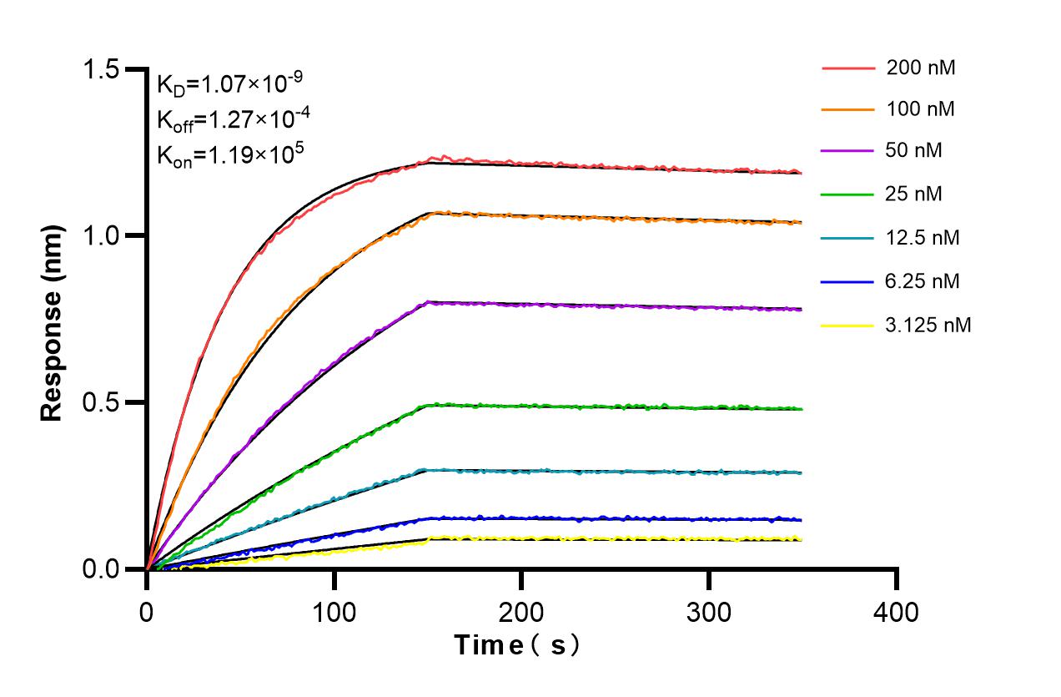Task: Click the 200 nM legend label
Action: click(x=921, y=68)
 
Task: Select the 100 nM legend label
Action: click(x=921, y=109)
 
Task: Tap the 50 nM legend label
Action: click(x=916, y=151)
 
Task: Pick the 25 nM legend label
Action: click(x=916, y=194)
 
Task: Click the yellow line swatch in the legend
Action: click(x=849, y=325)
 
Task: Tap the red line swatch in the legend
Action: click(x=849, y=68)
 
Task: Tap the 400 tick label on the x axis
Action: click(x=897, y=612)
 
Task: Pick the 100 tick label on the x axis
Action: click(x=334, y=612)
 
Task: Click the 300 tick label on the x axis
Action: click(x=709, y=612)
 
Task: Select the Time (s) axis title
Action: click(x=516, y=645)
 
